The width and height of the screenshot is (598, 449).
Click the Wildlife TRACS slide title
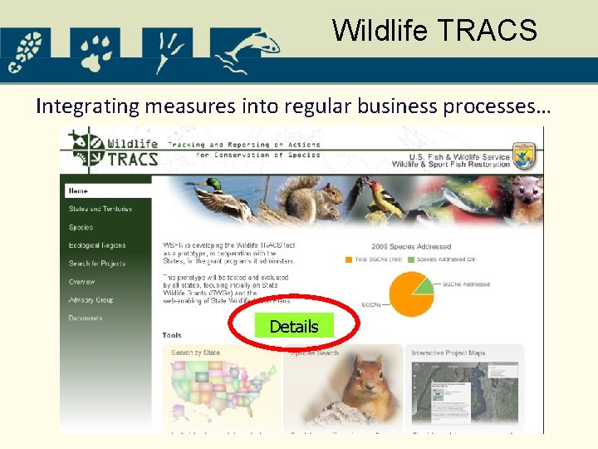point(434,30)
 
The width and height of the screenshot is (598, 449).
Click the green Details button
point(293,327)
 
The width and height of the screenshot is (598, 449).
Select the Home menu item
point(79,190)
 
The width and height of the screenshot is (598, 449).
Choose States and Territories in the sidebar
point(100,209)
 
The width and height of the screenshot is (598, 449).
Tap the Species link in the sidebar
point(81,227)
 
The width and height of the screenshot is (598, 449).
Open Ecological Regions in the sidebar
point(96,245)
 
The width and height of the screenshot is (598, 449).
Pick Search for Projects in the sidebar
point(98,264)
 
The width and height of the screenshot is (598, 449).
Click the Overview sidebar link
point(82,282)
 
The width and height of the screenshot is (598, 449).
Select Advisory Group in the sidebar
point(91,300)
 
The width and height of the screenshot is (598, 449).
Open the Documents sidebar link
point(86,318)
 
